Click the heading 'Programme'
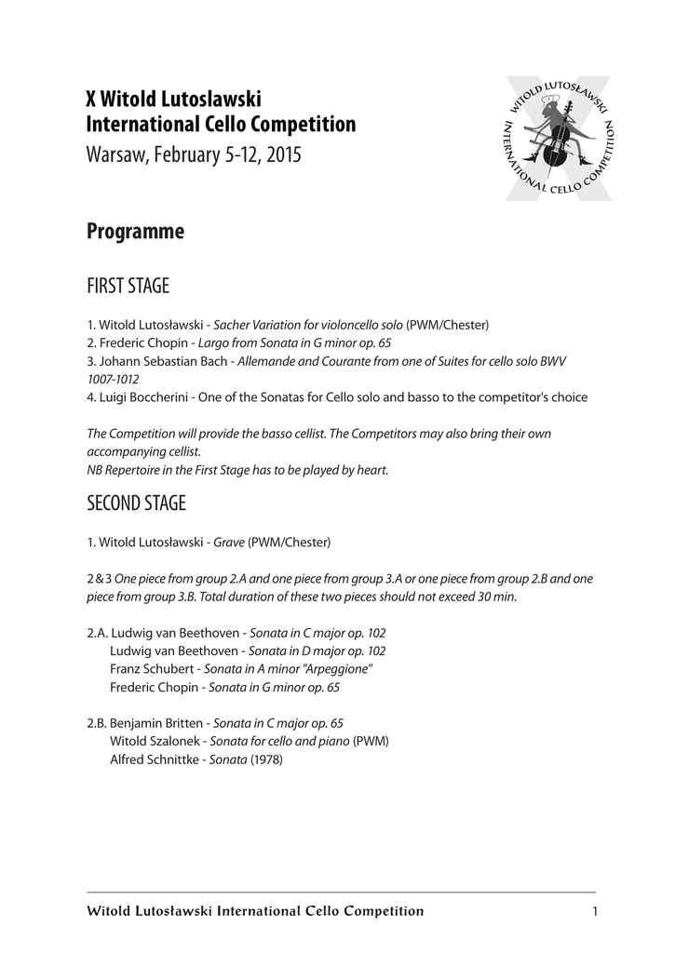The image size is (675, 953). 135,232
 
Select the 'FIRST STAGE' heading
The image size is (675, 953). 128,286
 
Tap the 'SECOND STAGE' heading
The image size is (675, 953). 136,503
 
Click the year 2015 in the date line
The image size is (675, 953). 283,154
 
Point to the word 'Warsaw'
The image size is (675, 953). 114,154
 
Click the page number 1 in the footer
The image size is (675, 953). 593,911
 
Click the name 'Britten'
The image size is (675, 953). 182,723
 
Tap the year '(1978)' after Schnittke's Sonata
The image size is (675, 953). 265,758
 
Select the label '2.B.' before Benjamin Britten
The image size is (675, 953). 96,723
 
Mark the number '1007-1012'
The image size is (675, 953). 113,379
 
